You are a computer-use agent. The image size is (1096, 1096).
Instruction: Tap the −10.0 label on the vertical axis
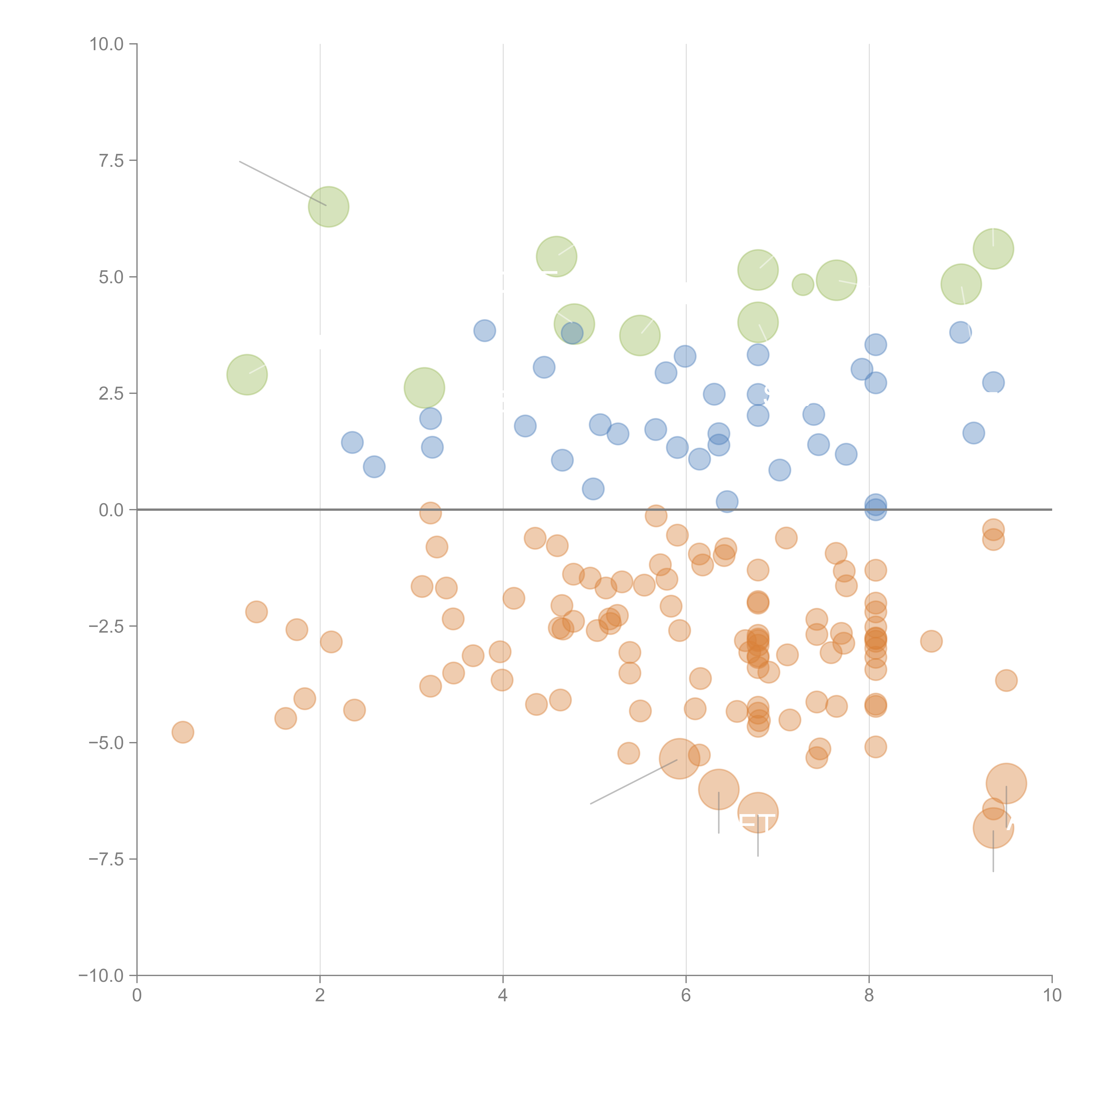point(101,976)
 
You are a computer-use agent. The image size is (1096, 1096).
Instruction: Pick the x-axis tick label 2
point(320,996)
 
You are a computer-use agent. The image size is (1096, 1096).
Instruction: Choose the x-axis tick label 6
point(686,996)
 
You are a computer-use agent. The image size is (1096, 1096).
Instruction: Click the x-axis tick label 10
point(1052,996)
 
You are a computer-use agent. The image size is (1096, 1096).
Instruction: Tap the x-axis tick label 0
point(137,996)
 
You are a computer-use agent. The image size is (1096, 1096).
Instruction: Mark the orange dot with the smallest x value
point(183,732)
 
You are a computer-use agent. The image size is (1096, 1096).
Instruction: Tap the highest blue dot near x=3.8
point(484,330)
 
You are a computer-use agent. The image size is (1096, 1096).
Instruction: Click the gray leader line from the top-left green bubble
point(282,183)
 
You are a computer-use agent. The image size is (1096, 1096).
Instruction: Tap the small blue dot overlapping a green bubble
point(572,333)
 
